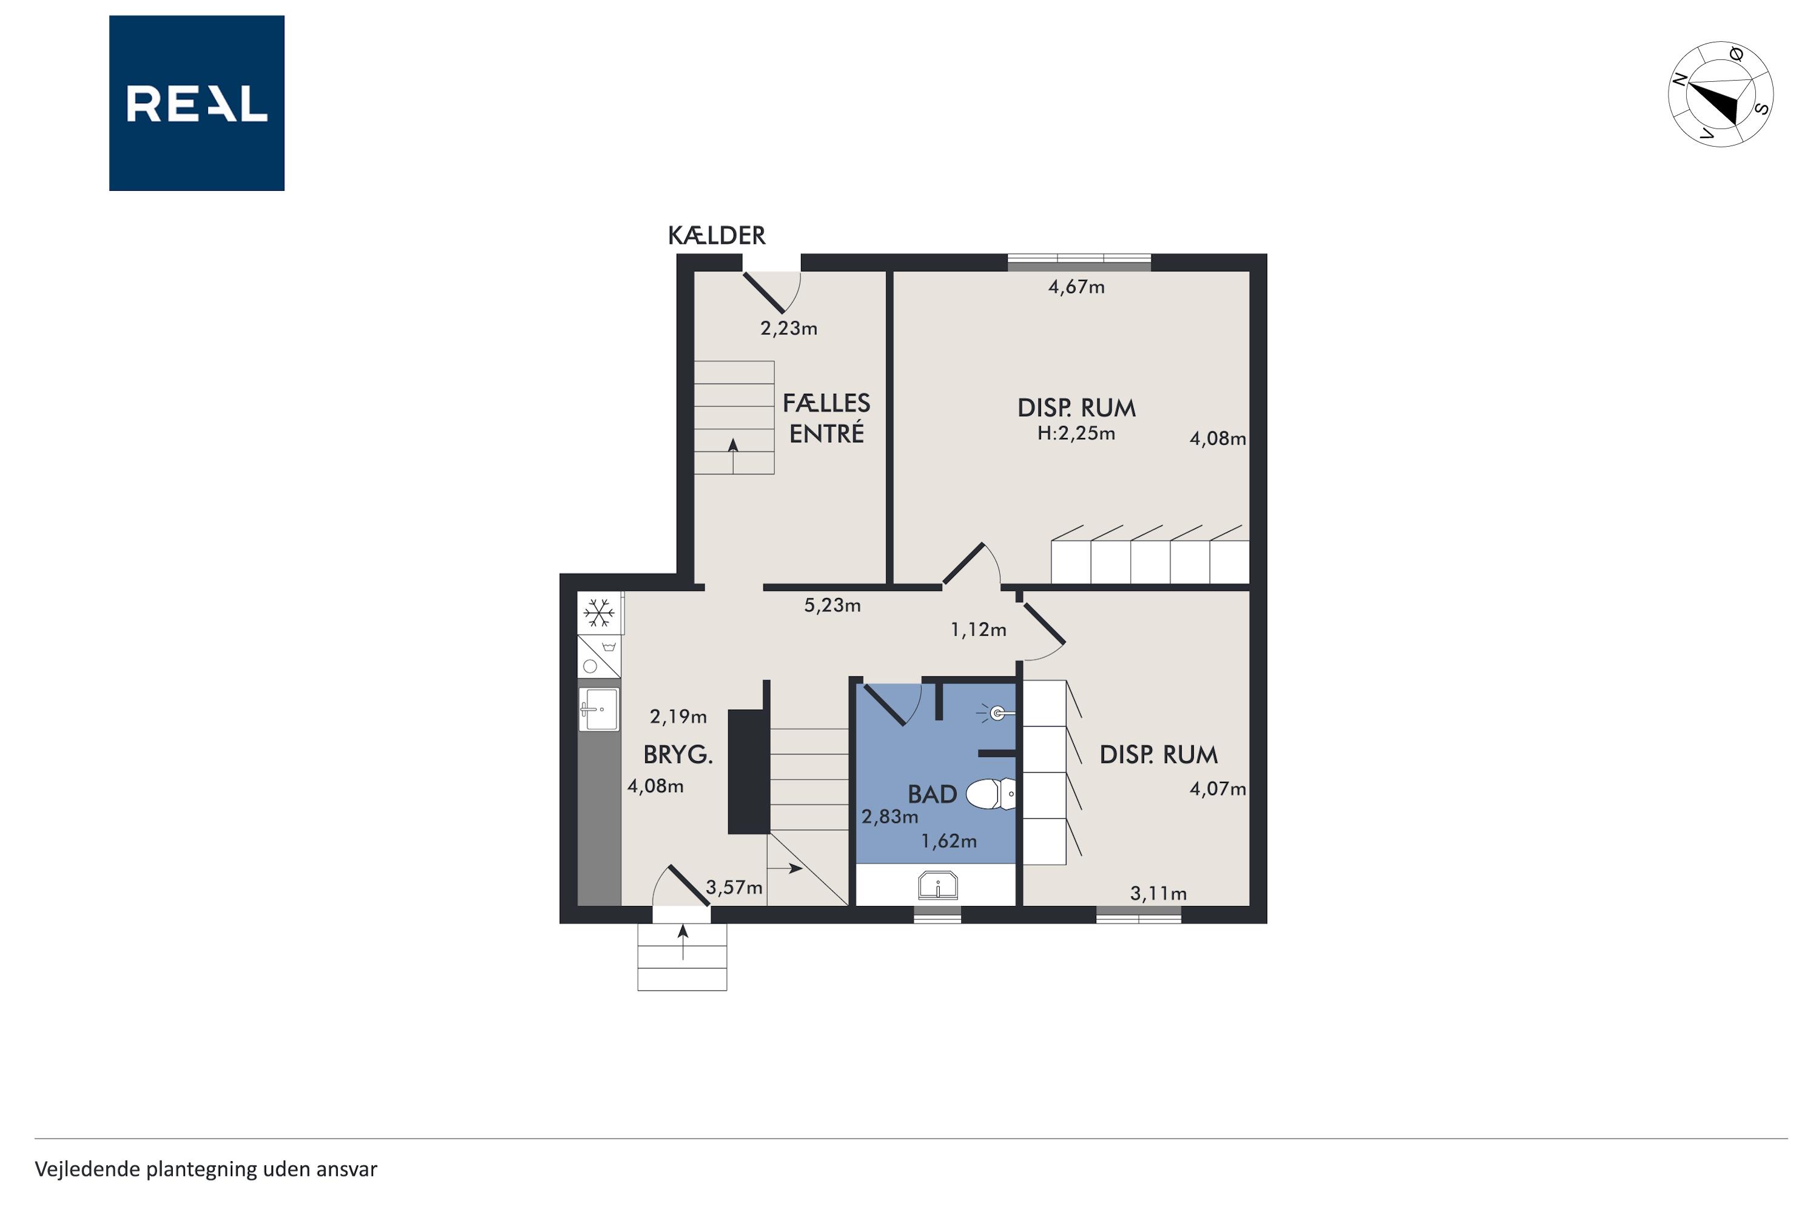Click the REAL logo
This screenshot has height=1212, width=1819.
196,103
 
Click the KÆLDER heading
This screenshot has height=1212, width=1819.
716,235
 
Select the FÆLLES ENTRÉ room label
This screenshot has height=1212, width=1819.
826,418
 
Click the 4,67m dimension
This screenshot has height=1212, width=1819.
1076,287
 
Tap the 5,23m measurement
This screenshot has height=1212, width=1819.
832,605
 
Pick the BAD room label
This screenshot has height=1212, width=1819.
932,794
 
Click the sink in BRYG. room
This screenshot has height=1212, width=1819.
598,710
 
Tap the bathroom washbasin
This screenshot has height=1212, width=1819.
937,885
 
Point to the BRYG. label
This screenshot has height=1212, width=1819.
677,754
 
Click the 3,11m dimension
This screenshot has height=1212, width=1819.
1157,893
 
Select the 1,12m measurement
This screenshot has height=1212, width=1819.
979,630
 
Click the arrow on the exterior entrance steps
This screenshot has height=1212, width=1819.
683,942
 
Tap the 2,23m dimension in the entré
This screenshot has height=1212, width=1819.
789,328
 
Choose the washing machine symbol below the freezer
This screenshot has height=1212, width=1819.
598,656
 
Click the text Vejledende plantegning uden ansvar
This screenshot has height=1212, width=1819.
206,1169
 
